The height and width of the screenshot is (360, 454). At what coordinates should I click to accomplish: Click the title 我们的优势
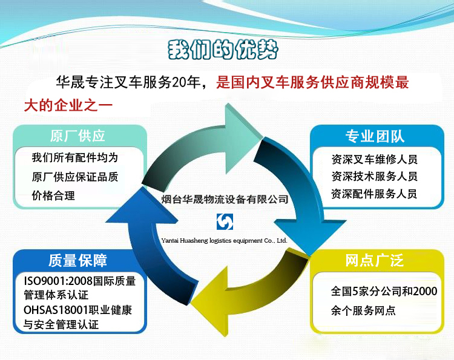[223, 50]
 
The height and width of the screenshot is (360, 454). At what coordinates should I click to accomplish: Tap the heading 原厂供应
[77, 136]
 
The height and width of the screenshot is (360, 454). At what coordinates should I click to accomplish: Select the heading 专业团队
[375, 136]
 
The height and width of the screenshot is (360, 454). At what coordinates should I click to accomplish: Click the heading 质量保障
[77, 260]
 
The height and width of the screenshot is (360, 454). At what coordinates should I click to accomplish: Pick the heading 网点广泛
[374, 260]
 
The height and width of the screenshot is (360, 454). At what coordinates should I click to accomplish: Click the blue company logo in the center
[225, 222]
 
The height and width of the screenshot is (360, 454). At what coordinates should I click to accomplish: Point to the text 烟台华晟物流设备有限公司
[225, 200]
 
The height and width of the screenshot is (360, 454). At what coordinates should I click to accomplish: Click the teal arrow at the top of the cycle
[203, 145]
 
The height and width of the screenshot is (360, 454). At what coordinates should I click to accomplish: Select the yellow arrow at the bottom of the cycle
[249, 292]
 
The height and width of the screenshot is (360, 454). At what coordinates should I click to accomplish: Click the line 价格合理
[53, 195]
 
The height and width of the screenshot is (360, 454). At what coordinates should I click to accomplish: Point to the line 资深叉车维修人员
[374, 159]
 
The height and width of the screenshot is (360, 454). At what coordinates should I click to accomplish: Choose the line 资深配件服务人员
[374, 194]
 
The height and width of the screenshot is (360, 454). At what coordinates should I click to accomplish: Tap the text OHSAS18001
[56, 310]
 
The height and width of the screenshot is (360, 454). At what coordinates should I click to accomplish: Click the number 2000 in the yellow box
[425, 292]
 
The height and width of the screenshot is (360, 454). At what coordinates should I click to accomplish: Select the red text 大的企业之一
[68, 105]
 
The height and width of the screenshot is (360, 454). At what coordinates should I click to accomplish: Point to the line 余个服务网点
[363, 310]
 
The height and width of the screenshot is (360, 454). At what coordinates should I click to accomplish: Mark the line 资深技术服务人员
[374, 176]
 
